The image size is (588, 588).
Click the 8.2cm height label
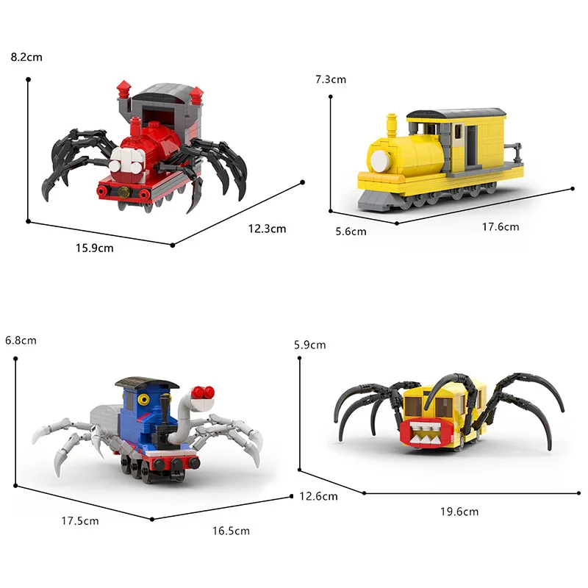pyautogui.click(x=26, y=57)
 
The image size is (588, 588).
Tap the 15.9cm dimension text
pyautogui.click(x=95, y=248)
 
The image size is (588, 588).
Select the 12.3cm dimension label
pyautogui.click(x=267, y=229)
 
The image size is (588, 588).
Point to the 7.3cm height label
pyautogui.click(x=331, y=79)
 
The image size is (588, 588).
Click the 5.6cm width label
pyautogui.click(x=351, y=232)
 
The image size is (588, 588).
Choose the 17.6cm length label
pyautogui.click(x=501, y=227)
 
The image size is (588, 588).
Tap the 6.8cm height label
pyautogui.click(x=21, y=340)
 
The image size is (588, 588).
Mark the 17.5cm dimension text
pyautogui.click(x=80, y=521)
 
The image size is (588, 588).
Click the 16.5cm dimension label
pyautogui.click(x=231, y=531)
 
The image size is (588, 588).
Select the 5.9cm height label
pyautogui.click(x=309, y=345)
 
